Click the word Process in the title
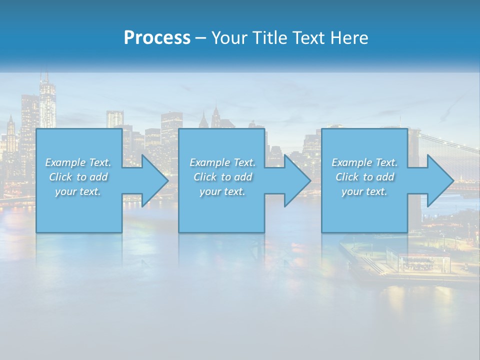[157, 38]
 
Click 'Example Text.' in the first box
[78, 162]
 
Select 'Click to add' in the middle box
[222, 177]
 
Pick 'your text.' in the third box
[364, 191]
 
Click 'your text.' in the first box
[78, 191]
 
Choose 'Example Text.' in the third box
[364, 162]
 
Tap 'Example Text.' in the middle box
[222, 162]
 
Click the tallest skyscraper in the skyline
[47, 102]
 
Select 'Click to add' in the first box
[78, 177]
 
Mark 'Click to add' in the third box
[364, 177]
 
